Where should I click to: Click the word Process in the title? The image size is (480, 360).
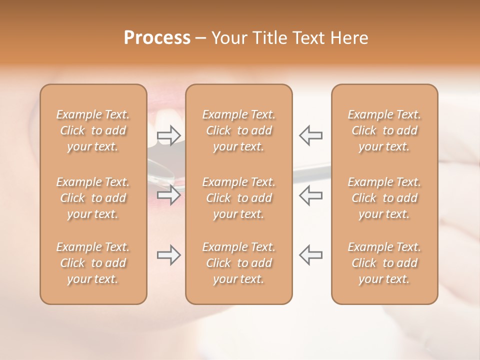coord(157,38)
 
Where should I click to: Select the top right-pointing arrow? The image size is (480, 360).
coord(169,135)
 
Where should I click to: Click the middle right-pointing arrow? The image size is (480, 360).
coord(169,195)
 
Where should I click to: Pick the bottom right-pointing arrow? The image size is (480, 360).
coord(169,255)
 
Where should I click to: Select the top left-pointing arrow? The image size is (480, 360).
coord(311,135)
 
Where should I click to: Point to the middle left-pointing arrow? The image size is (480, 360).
coord(311,195)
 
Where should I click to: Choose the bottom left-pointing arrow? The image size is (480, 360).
coord(311,255)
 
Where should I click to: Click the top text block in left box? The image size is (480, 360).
coord(93,130)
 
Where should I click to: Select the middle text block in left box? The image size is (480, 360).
coord(93,198)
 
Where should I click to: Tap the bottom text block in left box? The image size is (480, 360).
coord(93,263)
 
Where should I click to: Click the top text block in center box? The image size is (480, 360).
coord(239,130)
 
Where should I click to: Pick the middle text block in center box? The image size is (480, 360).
coord(239,198)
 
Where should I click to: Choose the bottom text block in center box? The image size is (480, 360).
coord(239,263)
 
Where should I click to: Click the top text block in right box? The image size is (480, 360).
coord(384,130)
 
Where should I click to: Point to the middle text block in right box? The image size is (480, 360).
coord(384,198)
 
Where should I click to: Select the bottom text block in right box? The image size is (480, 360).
coord(384,263)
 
